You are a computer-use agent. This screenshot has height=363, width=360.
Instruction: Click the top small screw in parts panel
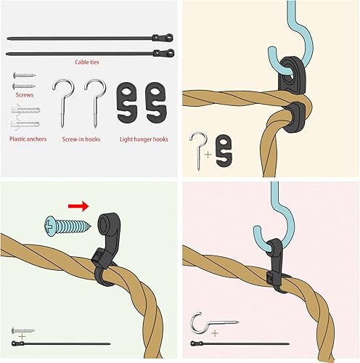(x=21, y=75)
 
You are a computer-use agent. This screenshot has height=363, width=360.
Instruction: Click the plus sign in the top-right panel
(x=210, y=155)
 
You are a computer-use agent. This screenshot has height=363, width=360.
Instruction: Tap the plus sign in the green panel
(x=22, y=338)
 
